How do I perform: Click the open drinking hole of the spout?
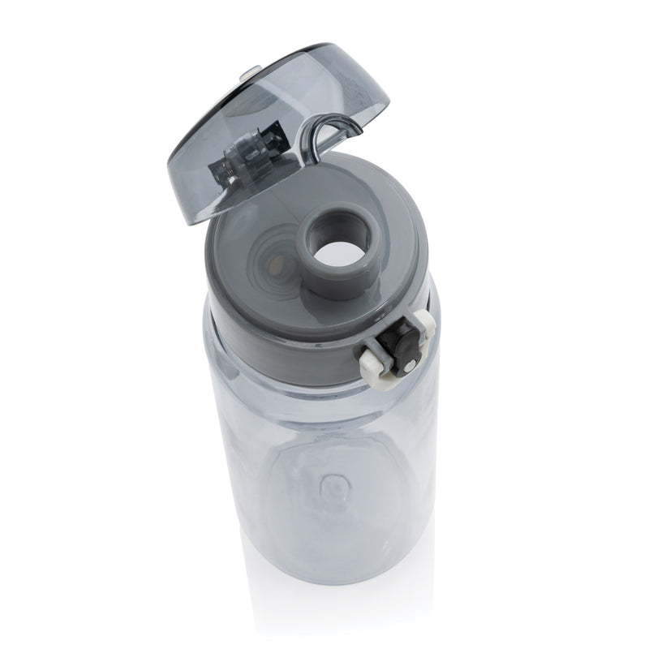tap(340, 248)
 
